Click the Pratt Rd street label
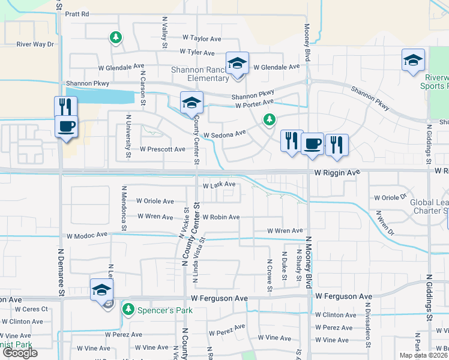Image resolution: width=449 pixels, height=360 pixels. (77, 13)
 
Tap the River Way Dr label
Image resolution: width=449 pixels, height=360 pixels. (35, 44)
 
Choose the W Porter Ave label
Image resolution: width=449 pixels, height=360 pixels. (255, 106)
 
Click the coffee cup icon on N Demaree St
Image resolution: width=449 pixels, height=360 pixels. (66, 127)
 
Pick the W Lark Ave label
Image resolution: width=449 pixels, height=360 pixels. (218, 185)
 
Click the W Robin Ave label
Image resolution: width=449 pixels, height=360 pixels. (221, 217)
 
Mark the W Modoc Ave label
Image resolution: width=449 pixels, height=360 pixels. (87, 235)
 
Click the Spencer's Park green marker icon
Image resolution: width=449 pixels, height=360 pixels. (127, 309)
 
